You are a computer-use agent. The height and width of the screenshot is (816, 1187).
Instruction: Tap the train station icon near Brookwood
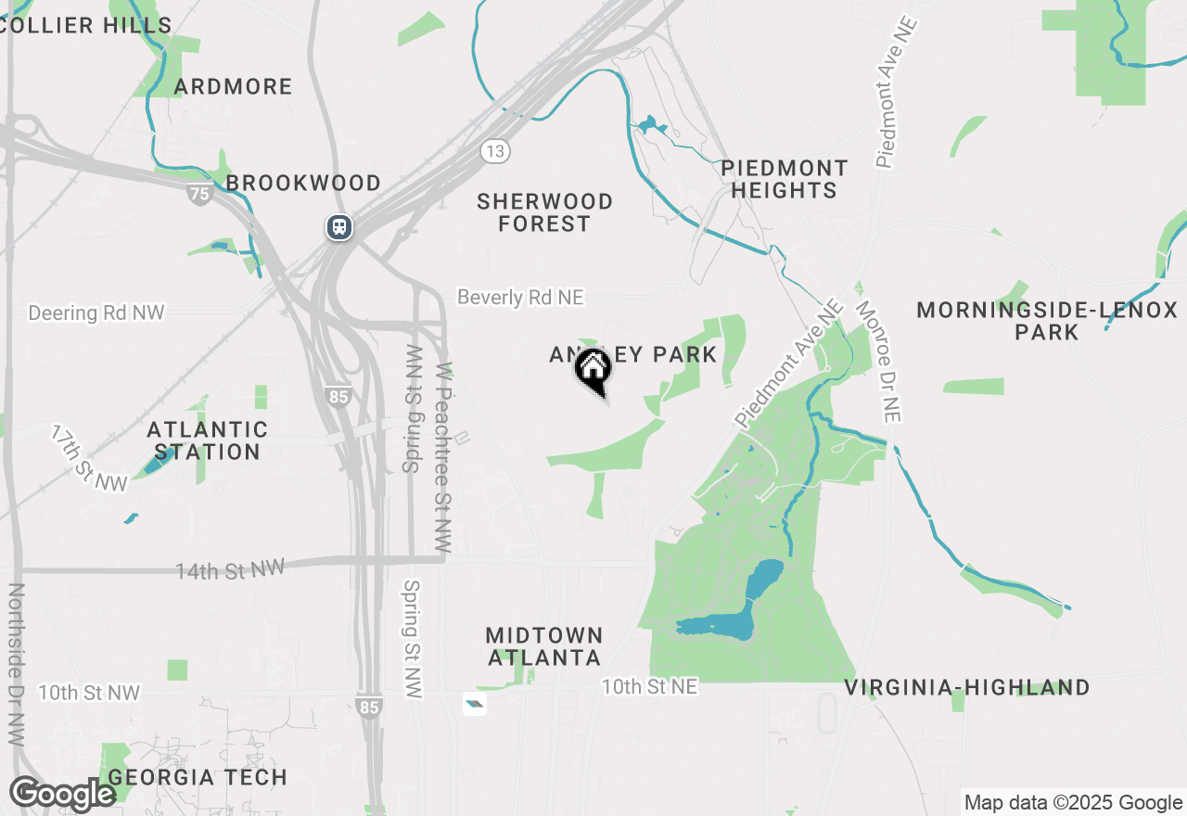(x=339, y=226)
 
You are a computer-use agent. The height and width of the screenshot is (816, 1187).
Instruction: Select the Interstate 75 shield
(x=198, y=193)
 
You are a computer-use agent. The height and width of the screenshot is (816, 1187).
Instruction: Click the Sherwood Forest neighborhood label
(x=544, y=212)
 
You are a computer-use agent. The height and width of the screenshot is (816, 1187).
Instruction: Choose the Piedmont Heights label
(x=785, y=179)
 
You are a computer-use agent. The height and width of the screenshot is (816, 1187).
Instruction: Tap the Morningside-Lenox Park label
(x=1047, y=321)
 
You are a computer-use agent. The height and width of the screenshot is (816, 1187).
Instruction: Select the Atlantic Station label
(x=208, y=440)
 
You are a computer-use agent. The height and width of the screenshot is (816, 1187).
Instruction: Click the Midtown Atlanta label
(x=544, y=646)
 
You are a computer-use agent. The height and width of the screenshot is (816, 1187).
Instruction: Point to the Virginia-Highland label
(x=967, y=687)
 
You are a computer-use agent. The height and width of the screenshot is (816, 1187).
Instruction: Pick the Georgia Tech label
(x=198, y=777)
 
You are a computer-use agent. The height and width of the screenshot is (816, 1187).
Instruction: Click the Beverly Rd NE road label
(x=520, y=297)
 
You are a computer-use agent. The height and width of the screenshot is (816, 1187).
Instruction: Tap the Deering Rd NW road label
(x=96, y=312)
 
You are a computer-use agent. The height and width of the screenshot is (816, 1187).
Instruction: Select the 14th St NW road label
(x=230, y=568)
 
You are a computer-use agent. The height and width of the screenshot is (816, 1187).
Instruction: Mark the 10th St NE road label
(x=649, y=686)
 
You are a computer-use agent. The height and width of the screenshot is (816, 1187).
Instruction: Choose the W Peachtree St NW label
(x=443, y=458)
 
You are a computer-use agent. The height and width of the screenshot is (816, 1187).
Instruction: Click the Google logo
(x=62, y=794)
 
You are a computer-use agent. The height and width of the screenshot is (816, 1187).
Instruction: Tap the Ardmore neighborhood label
(x=234, y=86)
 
